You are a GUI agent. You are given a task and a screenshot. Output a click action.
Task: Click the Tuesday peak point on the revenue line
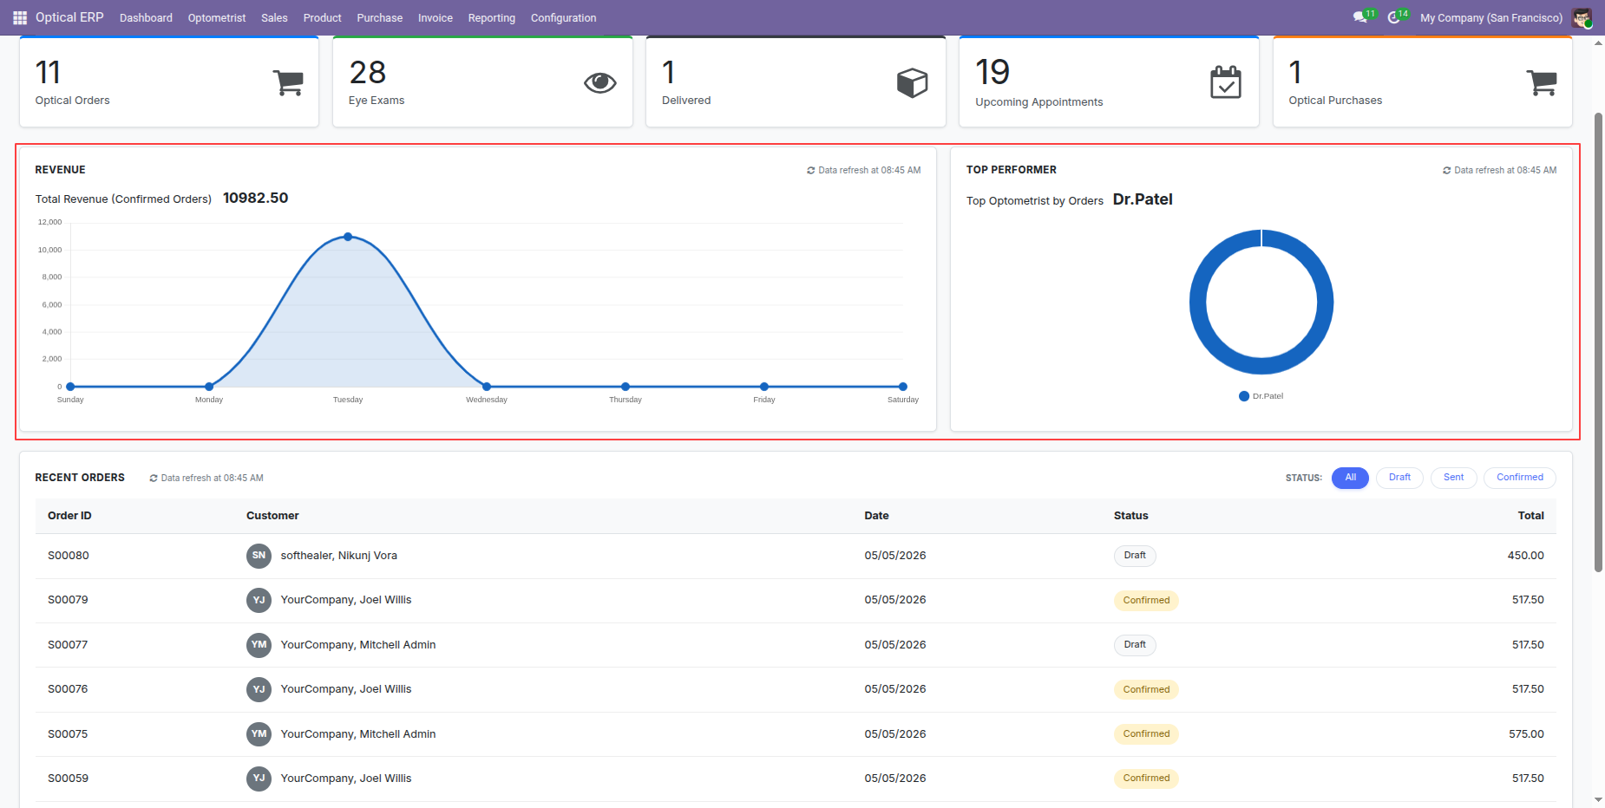(348, 237)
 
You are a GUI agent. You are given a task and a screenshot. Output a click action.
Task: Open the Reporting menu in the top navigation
(491, 17)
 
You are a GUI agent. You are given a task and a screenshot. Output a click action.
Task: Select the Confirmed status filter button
(1519, 478)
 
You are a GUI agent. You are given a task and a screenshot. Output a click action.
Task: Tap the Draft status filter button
(1399, 478)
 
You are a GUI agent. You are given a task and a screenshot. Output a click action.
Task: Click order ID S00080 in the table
(69, 556)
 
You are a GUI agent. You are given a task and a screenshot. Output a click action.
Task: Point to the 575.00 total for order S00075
(1526, 734)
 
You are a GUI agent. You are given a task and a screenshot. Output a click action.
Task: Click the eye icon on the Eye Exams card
(599, 82)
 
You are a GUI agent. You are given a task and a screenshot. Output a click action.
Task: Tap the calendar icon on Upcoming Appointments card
(1226, 82)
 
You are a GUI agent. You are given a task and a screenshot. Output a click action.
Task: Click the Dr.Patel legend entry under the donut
(1261, 396)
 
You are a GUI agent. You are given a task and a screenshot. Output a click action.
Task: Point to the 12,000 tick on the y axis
(50, 222)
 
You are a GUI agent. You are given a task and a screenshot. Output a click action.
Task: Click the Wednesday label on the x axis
(487, 400)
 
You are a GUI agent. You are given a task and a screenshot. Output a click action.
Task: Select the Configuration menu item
(563, 17)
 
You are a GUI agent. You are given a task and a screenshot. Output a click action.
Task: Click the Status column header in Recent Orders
(1130, 516)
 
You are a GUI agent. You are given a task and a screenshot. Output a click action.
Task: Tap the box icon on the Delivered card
(912, 82)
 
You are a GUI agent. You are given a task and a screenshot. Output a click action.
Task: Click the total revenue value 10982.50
(255, 198)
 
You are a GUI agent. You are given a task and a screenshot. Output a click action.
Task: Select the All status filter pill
(1350, 478)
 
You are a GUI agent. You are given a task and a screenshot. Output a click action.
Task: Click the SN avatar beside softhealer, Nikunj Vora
(259, 556)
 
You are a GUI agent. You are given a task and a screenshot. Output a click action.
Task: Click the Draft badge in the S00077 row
(1135, 645)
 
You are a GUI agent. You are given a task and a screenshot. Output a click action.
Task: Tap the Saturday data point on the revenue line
(903, 387)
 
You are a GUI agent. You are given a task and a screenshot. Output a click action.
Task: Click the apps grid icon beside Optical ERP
(20, 17)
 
